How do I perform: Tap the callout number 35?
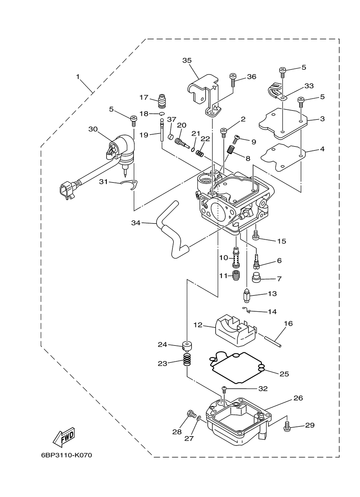[187, 60]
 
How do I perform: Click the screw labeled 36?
[233, 81]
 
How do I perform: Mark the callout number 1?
[78, 77]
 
